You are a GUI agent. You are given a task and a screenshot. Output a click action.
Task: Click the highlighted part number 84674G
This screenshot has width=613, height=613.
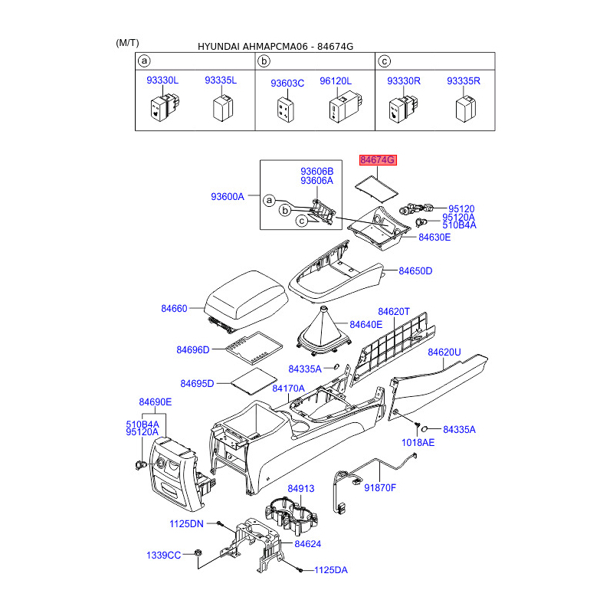[378, 160]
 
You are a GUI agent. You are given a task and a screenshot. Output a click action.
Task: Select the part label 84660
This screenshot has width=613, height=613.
[174, 308]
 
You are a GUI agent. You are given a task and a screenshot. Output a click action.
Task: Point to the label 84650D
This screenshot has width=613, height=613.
[416, 271]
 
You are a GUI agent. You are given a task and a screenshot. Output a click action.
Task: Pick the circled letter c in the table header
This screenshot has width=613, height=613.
[385, 60]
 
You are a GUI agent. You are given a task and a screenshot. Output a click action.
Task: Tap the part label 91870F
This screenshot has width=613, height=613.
[380, 487]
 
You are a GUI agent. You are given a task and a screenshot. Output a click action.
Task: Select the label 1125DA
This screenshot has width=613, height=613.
[330, 570]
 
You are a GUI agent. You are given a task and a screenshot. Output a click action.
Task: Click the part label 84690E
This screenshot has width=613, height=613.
[156, 402]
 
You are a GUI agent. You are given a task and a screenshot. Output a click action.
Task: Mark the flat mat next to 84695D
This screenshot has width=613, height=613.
[254, 379]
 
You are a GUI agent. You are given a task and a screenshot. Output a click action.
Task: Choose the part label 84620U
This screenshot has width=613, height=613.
[444, 352]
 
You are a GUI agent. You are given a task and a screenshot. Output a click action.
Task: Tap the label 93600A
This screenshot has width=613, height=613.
[227, 197]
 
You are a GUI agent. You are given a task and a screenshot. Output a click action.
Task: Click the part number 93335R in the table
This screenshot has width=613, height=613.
[463, 80]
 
